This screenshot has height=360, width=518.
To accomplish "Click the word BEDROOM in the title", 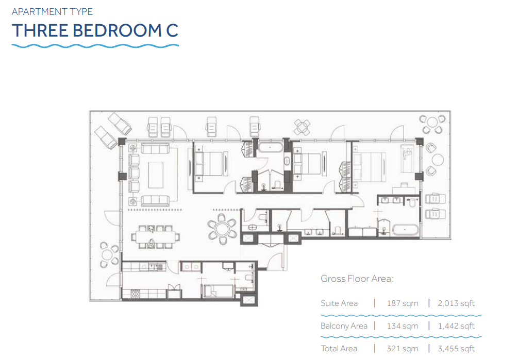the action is coord(116,31).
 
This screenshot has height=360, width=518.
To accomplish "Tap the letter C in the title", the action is coord(172,31).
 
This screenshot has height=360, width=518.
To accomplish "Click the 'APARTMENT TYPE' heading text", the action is coord(52,12).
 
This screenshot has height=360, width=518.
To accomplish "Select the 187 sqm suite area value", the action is coord(403,303).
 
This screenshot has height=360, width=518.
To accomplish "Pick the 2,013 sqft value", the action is coord(456,303).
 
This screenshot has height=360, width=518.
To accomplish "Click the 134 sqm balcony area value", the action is coord(403,326).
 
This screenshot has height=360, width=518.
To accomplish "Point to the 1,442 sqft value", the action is coord(456,326).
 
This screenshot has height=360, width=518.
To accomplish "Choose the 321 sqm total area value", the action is coord(403,349).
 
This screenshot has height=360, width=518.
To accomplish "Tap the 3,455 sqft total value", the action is coord(456,349).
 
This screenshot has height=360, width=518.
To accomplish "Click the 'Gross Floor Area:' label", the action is coord(357,279).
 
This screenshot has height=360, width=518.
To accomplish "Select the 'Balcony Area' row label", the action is coord(344,326).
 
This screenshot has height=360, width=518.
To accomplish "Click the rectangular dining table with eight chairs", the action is coord(156,237).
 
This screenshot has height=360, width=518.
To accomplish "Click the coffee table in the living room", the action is coord(156,175).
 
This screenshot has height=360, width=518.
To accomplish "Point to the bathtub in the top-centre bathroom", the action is coord(270,147).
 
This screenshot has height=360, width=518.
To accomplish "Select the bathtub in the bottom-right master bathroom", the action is coord(405,230).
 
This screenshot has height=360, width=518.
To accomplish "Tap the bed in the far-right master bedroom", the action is coord(369,167).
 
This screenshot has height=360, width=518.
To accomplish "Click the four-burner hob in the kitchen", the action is coord(135,294).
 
